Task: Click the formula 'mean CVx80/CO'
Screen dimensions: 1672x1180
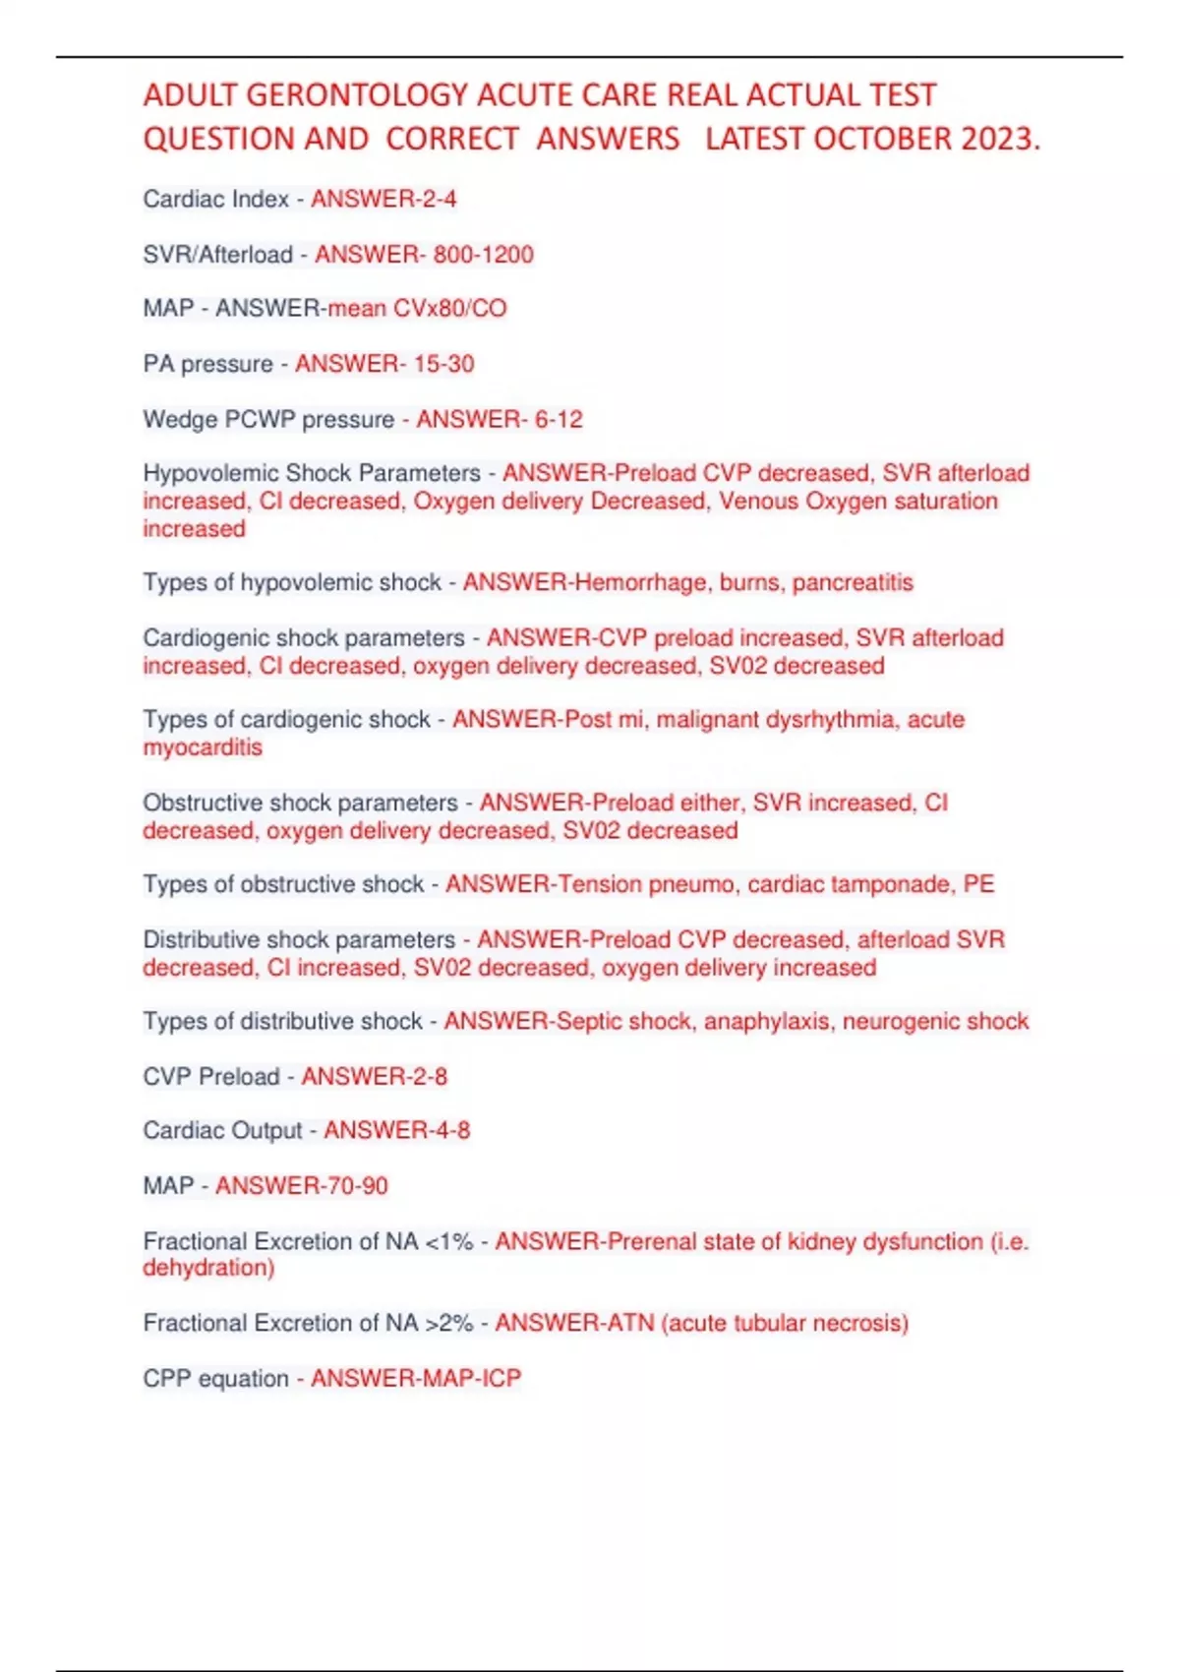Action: tap(417, 309)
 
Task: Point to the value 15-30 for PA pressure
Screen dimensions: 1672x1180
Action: tap(443, 364)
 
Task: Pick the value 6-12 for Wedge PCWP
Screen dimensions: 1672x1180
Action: tap(558, 420)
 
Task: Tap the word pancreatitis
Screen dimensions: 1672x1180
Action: tap(853, 582)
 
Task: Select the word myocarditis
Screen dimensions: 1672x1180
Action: tap(203, 747)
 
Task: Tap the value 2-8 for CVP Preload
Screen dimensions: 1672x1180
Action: tap(425, 1077)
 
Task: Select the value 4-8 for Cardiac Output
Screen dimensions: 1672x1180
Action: tap(447, 1131)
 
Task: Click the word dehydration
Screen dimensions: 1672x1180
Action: tap(206, 1268)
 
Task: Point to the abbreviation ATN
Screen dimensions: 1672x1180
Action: tap(630, 1323)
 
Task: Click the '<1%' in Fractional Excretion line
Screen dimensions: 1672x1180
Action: tap(448, 1242)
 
